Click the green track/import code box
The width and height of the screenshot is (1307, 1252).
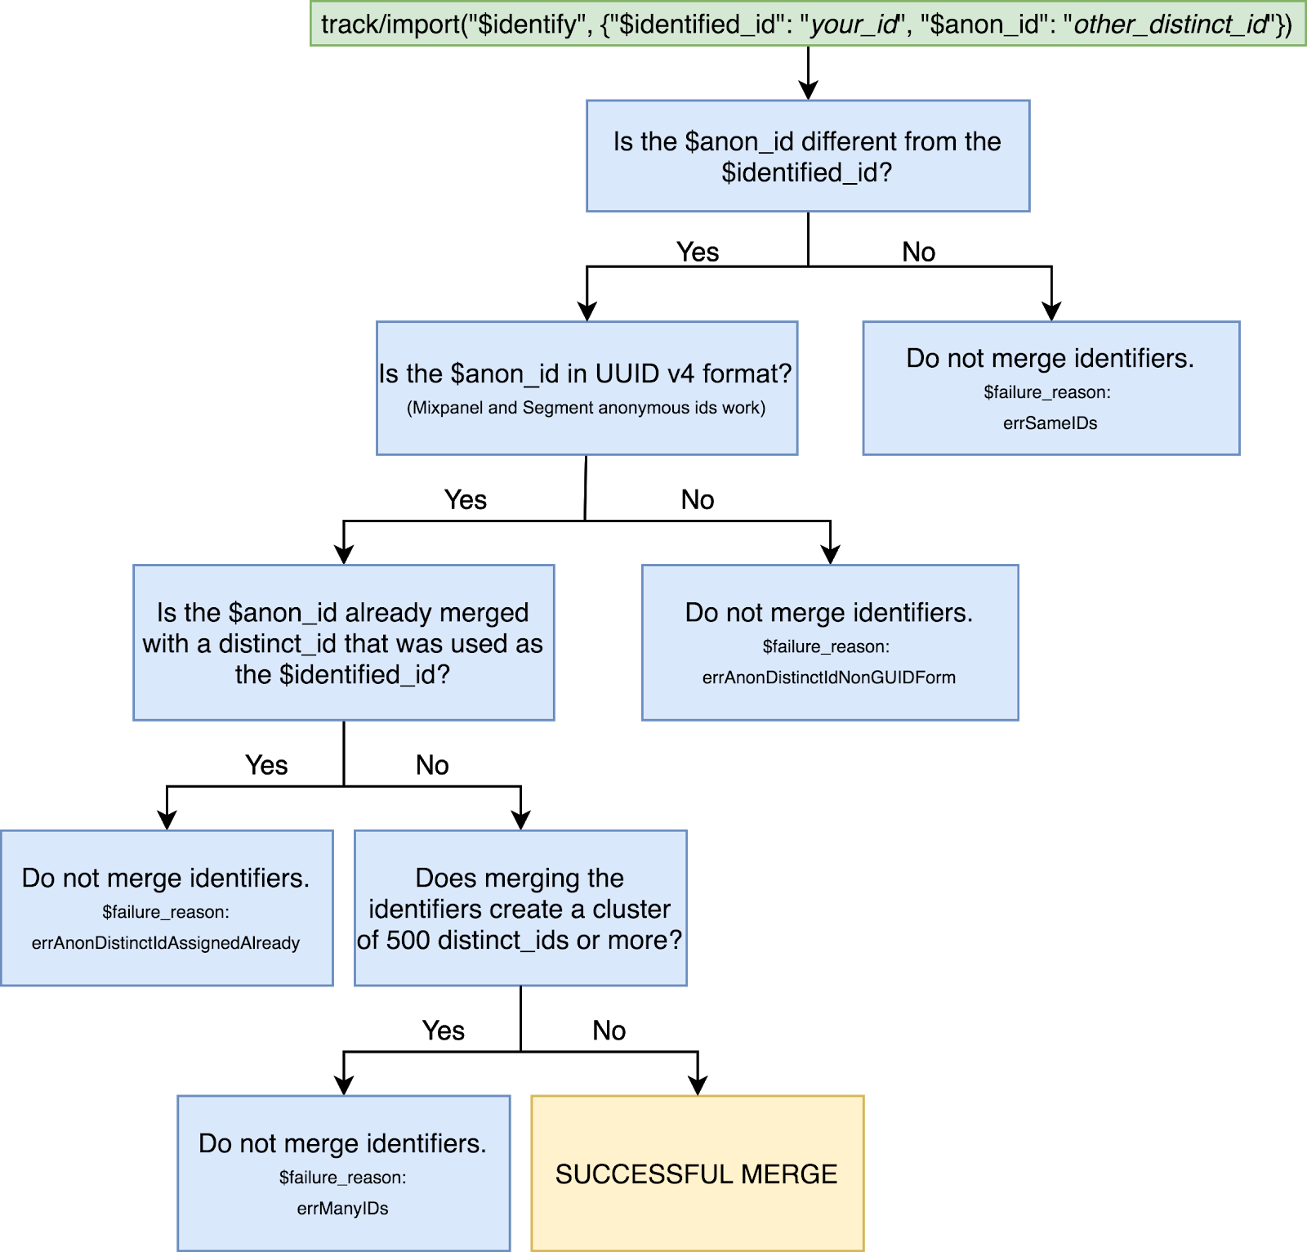[808, 24]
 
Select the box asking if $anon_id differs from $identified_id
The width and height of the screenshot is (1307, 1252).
[808, 156]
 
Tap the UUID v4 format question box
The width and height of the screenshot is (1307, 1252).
[587, 388]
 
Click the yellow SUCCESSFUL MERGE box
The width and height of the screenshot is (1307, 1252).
[698, 1173]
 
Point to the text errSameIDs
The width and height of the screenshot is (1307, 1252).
[1051, 423]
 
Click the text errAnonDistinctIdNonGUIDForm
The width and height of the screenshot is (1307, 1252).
[829, 677]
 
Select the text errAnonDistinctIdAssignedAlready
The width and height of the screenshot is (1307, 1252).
[166, 943]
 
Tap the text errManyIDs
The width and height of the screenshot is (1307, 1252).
[343, 1209]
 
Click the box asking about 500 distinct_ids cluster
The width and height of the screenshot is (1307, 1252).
[520, 908]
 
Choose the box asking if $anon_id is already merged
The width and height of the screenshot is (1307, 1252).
[344, 642]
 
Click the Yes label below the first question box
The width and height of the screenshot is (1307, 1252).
[698, 252]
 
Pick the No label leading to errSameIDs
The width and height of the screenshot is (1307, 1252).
[919, 252]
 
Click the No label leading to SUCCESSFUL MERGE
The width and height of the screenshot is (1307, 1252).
[609, 1031]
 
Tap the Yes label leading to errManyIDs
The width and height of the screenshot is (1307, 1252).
[444, 1031]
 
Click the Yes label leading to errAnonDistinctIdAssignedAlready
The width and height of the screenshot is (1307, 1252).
[267, 765]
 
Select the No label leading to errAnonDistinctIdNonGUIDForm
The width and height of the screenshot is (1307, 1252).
[698, 499]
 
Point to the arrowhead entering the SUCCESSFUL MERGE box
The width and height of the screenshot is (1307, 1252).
[698, 1084]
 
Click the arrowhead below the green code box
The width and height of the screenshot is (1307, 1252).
[808, 89]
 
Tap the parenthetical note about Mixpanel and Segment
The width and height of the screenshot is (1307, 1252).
[587, 408]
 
